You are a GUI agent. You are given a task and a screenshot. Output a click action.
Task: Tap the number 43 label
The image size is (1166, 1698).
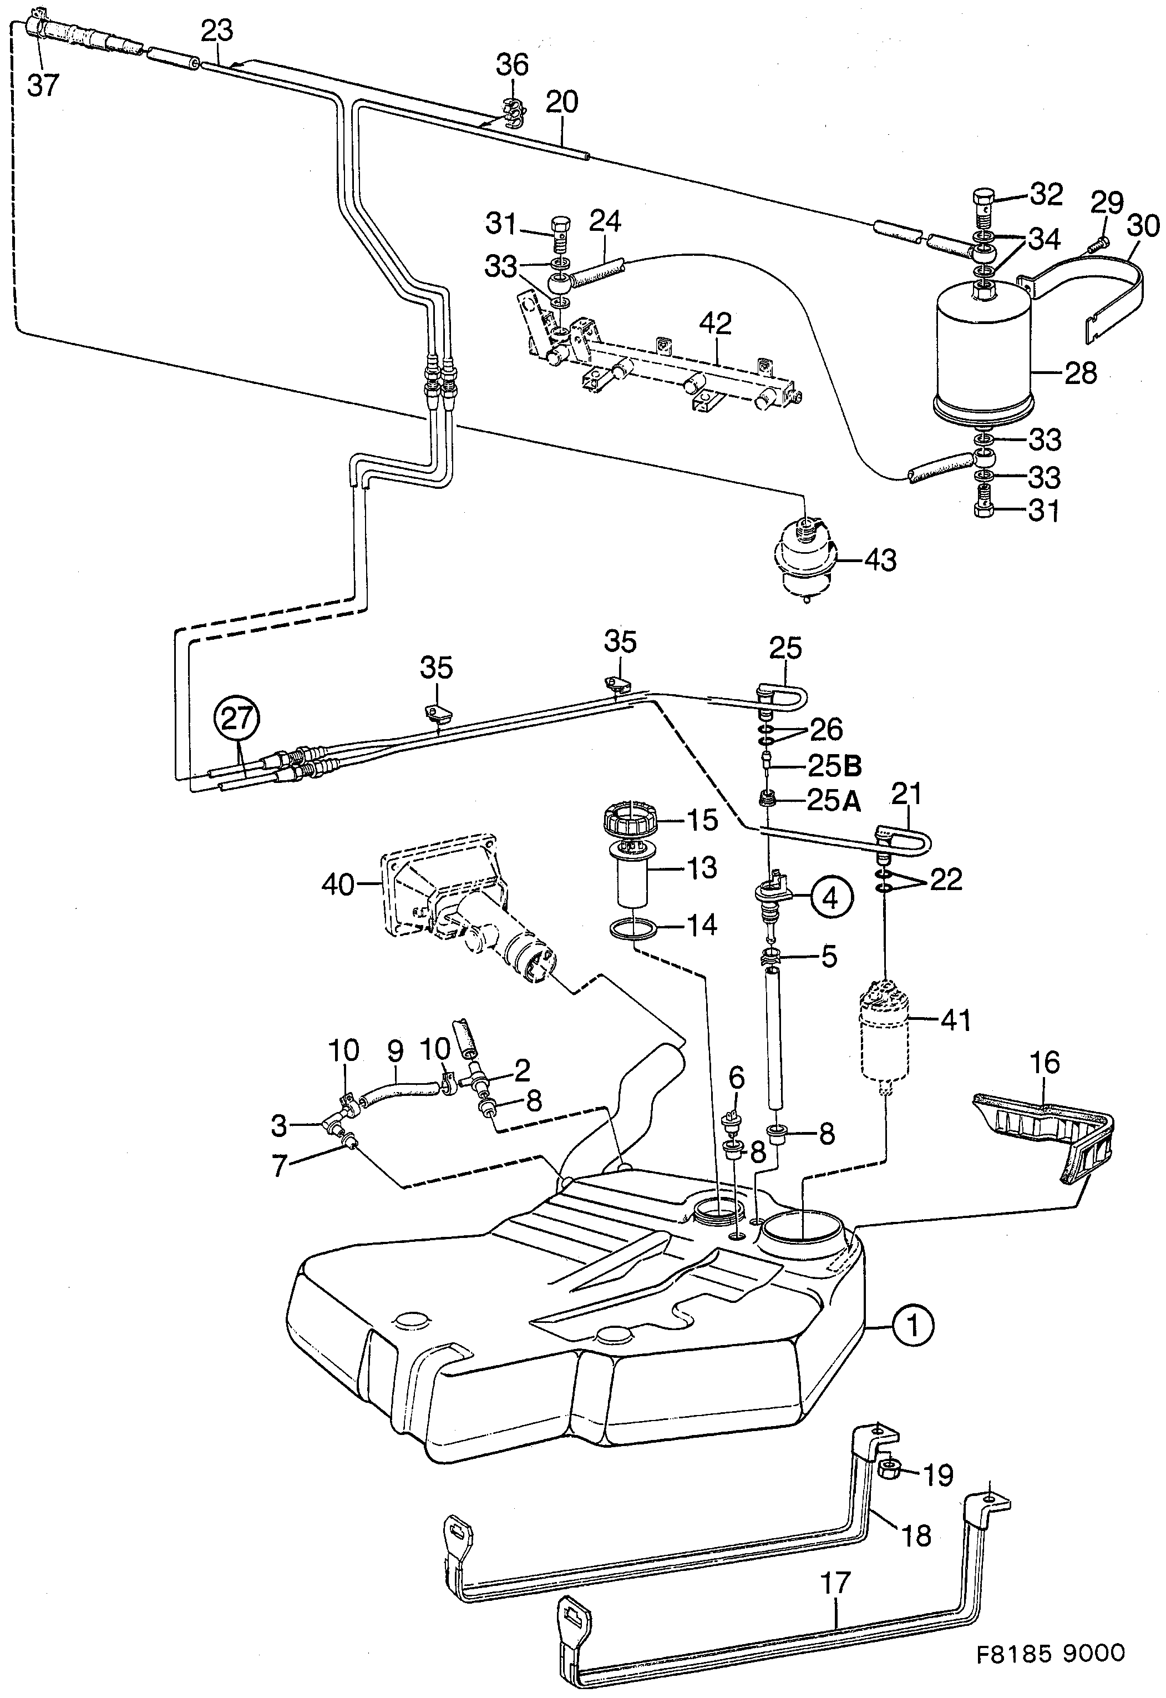(x=880, y=560)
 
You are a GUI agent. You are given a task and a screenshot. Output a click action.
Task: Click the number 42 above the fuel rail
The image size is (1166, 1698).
(x=714, y=323)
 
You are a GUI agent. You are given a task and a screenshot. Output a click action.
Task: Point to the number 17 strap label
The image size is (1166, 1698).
(x=835, y=1583)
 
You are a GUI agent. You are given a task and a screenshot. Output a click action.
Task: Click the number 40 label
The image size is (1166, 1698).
(x=337, y=885)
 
